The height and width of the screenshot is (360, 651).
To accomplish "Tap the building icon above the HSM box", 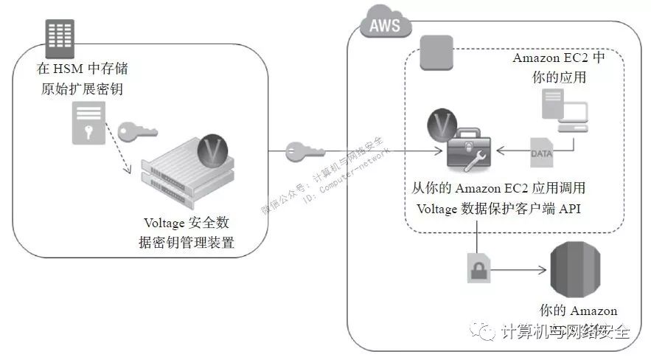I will coord(60,37).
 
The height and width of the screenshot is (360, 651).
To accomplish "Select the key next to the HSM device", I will coord(138,131).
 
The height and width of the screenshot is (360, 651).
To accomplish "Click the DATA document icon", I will coord(541,151).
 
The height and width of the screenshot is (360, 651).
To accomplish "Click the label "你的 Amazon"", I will coord(578,311).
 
